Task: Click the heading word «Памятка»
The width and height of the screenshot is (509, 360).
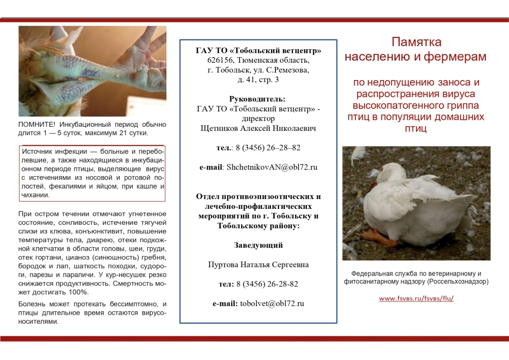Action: tap(416, 42)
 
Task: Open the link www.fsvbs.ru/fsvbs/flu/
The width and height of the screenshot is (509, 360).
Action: tap(416, 299)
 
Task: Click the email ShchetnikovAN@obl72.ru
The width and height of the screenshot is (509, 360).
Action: tap(272, 167)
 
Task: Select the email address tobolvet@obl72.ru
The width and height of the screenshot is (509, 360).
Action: tap(272, 303)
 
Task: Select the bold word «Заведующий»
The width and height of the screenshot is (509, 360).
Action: tap(258, 245)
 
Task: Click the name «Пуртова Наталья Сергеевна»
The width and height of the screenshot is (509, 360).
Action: tap(258, 265)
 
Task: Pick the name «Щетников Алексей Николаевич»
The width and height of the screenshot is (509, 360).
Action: tap(258, 128)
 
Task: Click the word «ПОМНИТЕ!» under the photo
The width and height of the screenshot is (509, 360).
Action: tap(37, 125)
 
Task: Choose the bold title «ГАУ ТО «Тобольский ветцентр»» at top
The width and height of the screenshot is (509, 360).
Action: tap(258, 50)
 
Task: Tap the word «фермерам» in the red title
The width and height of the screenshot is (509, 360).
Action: tap(455, 57)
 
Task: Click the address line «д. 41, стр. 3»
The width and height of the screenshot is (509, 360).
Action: tap(258, 80)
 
